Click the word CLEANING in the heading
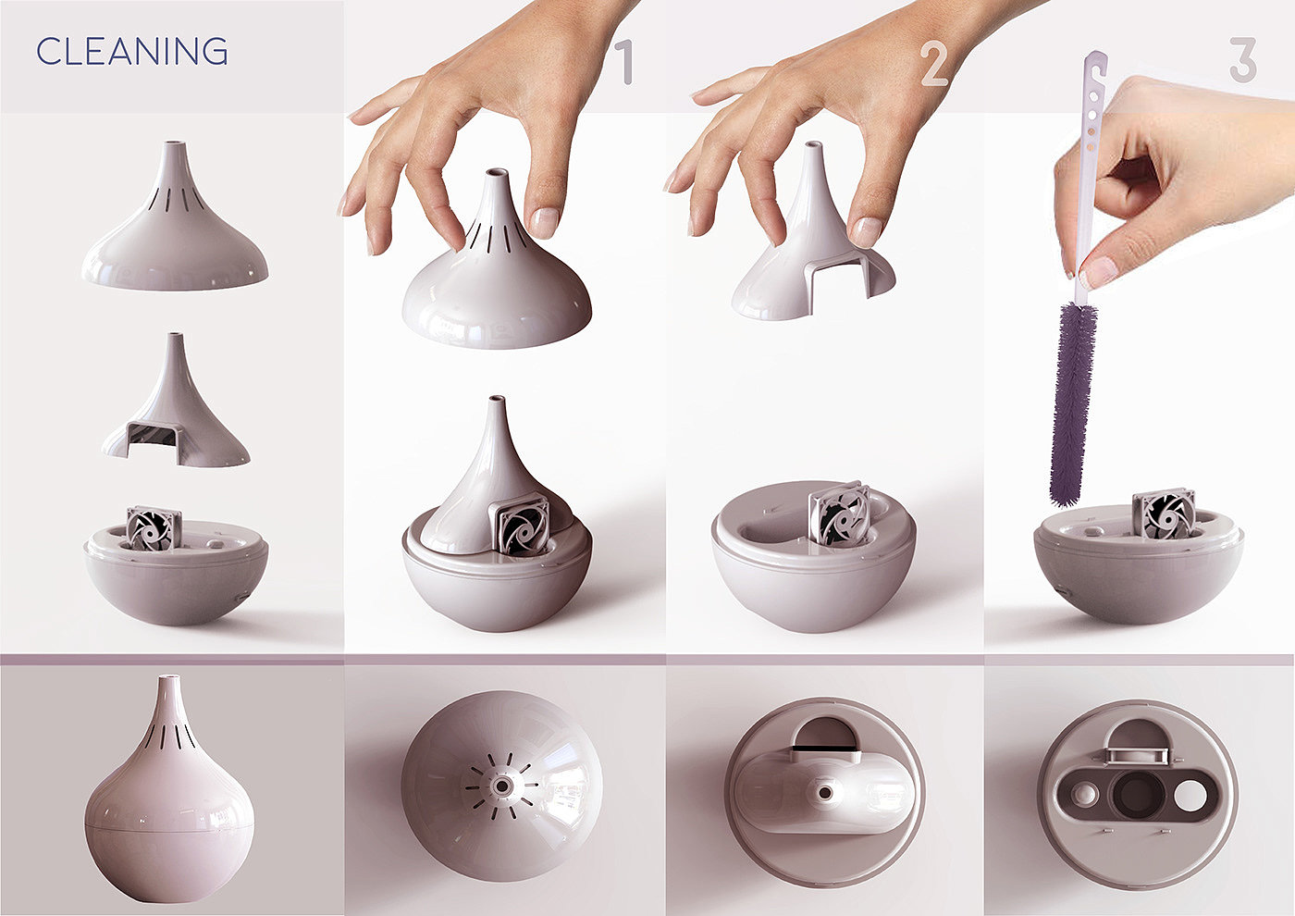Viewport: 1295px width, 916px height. pyautogui.click(x=132, y=51)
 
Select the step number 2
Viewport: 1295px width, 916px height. pyautogui.click(x=933, y=65)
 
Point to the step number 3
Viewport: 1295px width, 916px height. pyautogui.click(x=1243, y=59)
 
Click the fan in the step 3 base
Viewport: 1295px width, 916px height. pyautogui.click(x=1163, y=514)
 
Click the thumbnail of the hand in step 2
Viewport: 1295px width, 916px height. pyautogui.click(x=865, y=231)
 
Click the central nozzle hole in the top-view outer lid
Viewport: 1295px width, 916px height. pyautogui.click(x=501, y=786)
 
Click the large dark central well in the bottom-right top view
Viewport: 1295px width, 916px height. pyautogui.click(x=1138, y=794)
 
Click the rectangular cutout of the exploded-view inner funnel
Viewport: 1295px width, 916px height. pyautogui.click(x=152, y=435)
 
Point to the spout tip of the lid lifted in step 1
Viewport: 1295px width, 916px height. pyautogui.click(x=497, y=173)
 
